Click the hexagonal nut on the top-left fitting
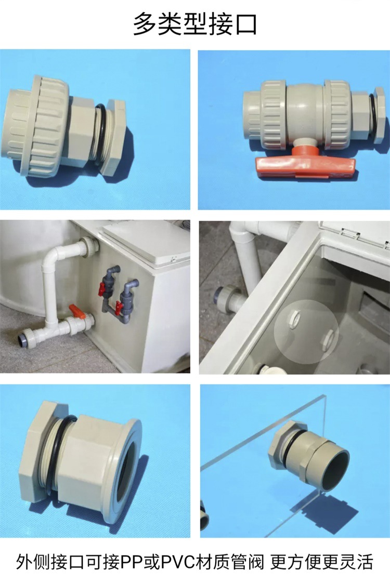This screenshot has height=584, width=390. (x=114, y=138)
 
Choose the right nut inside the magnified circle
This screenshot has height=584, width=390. (x=328, y=339)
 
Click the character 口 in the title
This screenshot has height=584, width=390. (x=244, y=24)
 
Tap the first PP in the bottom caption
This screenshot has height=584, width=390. (x=128, y=562)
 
